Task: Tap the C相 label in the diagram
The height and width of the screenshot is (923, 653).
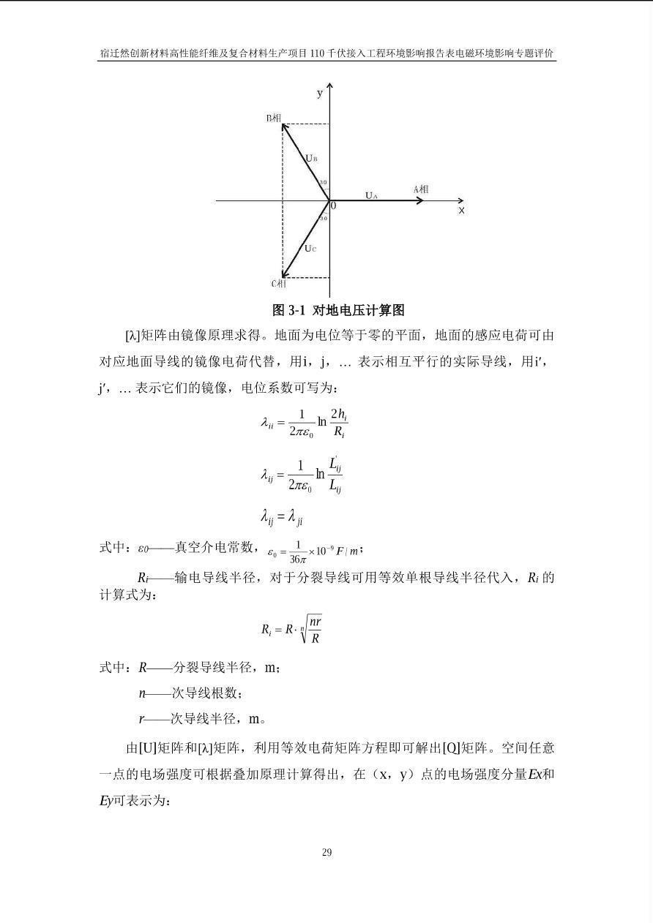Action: [279, 284]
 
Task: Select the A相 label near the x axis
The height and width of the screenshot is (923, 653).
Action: [421, 189]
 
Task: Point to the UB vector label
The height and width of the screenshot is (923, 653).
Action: [311, 158]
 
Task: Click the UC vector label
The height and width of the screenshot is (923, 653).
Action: [310, 249]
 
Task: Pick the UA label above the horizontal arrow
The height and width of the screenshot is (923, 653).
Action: [372, 195]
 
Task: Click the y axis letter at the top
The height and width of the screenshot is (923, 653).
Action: [320, 93]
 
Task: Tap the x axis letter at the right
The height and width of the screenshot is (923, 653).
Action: [461, 211]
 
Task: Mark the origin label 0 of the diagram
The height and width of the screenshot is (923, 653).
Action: [334, 206]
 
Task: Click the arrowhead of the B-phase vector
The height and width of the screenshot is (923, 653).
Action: [284, 125]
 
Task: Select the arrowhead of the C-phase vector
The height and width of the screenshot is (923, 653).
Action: [284, 276]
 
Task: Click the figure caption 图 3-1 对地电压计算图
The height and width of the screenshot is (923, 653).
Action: [338, 310]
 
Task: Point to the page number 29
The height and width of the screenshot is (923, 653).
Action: [326, 852]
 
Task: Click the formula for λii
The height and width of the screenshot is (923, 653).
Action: [304, 422]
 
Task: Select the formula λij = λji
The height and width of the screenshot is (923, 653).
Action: [282, 517]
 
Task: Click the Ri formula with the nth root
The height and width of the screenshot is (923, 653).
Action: [291, 629]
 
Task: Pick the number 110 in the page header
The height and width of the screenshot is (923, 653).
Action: [318, 53]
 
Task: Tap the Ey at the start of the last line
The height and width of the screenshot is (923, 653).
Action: [106, 801]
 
